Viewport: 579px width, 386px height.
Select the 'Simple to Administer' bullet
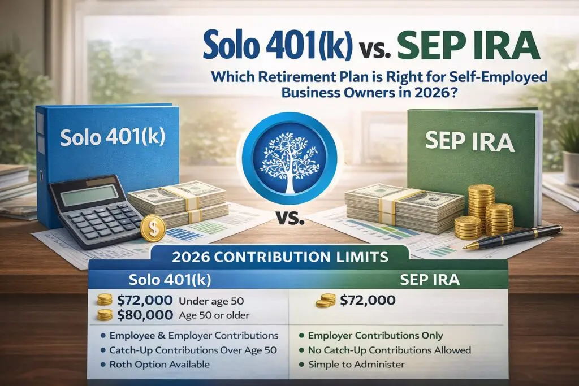point(356,365)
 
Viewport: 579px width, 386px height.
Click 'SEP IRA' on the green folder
point(469,141)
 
